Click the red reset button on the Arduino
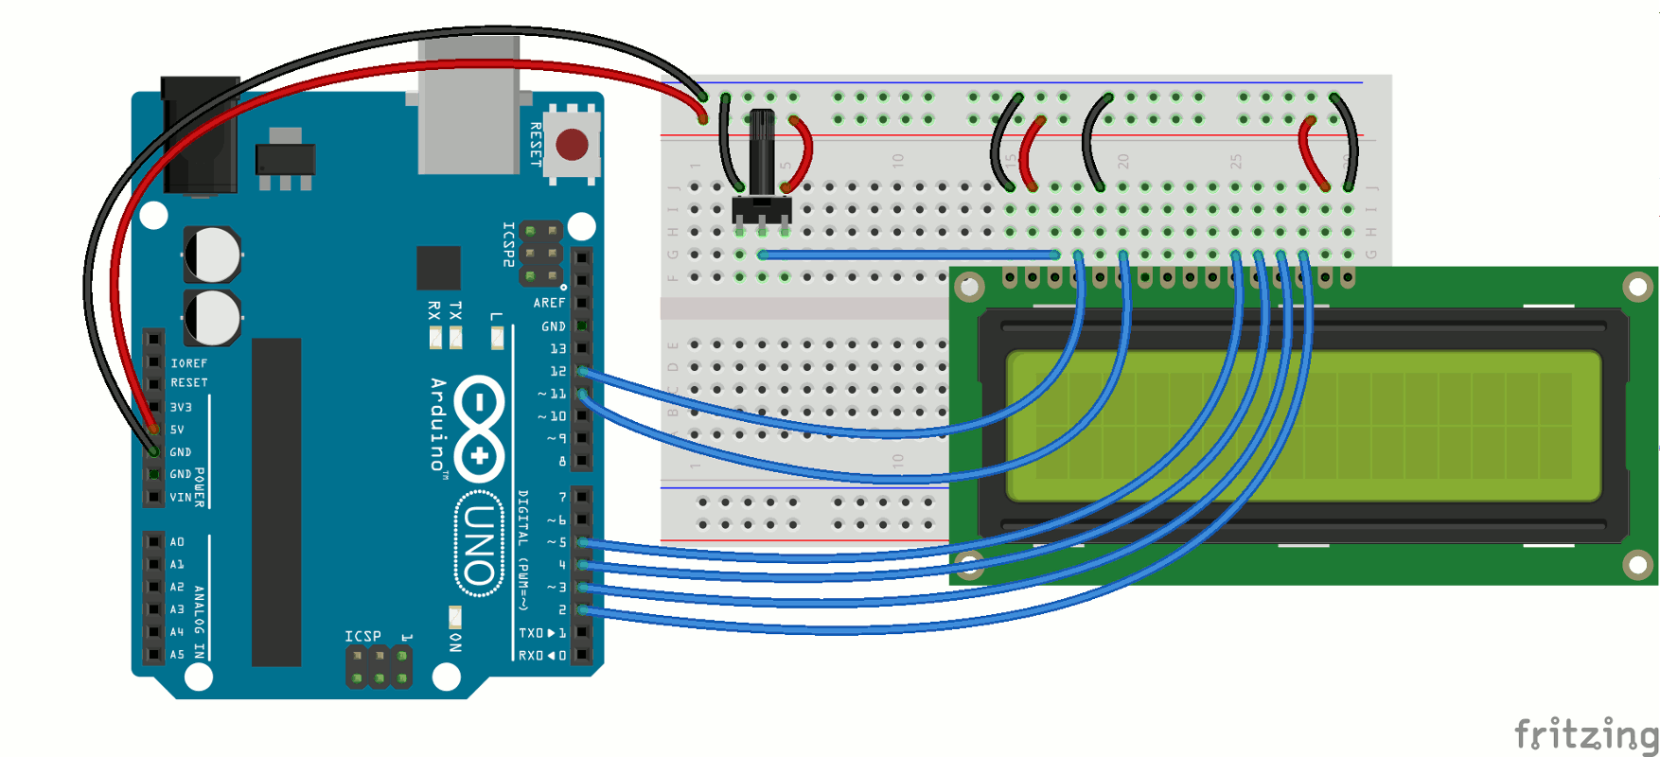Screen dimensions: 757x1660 [x=572, y=145]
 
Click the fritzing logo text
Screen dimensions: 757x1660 [x=1585, y=733]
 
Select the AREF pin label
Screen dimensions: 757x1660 [x=549, y=303]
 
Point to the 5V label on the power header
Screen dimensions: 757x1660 [x=177, y=430]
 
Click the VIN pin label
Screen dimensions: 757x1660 [x=180, y=497]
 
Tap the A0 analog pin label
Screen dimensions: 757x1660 [x=177, y=542]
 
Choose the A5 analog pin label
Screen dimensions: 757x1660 [x=177, y=654]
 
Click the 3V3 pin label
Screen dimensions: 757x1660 [x=181, y=407]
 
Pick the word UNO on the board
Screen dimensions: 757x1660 [x=479, y=544]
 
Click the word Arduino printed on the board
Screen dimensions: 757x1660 [x=437, y=424]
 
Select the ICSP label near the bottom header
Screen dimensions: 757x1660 [x=362, y=636]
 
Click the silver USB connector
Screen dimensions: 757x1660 [x=468, y=104]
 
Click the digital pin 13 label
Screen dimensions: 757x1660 [x=557, y=349]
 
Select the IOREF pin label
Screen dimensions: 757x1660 [x=188, y=363]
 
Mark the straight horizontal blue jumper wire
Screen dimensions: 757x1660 [x=909, y=255]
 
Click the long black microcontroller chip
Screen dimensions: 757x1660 [x=276, y=502]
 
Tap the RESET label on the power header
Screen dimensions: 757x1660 [x=188, y=383]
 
